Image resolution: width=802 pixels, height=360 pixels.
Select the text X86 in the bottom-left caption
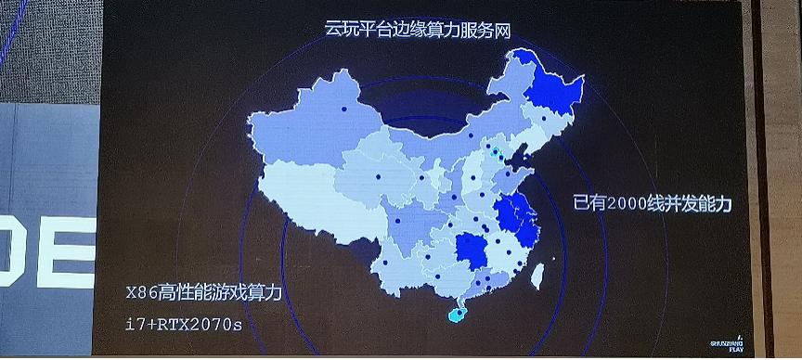click(142, 294)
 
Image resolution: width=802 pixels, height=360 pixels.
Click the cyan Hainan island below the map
click(458, 314)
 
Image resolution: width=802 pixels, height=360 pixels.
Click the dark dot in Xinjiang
click(343, 109)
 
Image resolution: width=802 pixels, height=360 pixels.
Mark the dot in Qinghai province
click(379, 175)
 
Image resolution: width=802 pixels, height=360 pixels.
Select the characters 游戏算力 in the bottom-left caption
click(245, 294)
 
